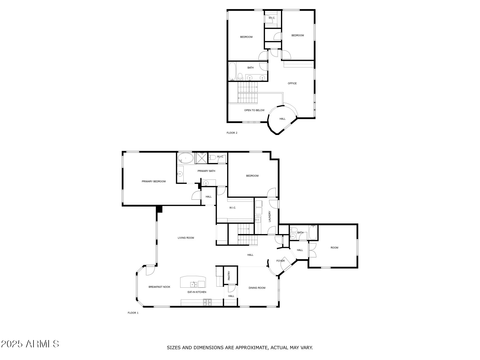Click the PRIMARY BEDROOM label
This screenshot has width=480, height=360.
[154, 181]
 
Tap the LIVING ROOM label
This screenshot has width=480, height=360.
[186, 238]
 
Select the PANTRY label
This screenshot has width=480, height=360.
[229, 276]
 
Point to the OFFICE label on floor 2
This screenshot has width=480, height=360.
[292, 84]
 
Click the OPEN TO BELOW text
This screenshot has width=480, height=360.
[254, 110]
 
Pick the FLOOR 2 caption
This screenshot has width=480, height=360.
[232, 133]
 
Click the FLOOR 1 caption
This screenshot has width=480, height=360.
[133, 313]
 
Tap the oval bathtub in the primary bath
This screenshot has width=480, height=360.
[186, 158]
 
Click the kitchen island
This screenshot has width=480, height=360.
[193, 282]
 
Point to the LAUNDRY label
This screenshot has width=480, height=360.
[269, 216]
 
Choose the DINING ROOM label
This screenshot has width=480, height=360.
[257, 288]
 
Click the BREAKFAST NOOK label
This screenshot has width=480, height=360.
[159, 287]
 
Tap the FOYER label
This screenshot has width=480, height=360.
[280, 261]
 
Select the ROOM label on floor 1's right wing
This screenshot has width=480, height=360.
[334, 248]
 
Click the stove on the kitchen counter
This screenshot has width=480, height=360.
[207, 302]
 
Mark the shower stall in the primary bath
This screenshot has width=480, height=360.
[201, 158]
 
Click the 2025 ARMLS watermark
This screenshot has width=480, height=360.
[30, 344]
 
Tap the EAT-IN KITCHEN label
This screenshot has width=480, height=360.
[197, 292]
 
